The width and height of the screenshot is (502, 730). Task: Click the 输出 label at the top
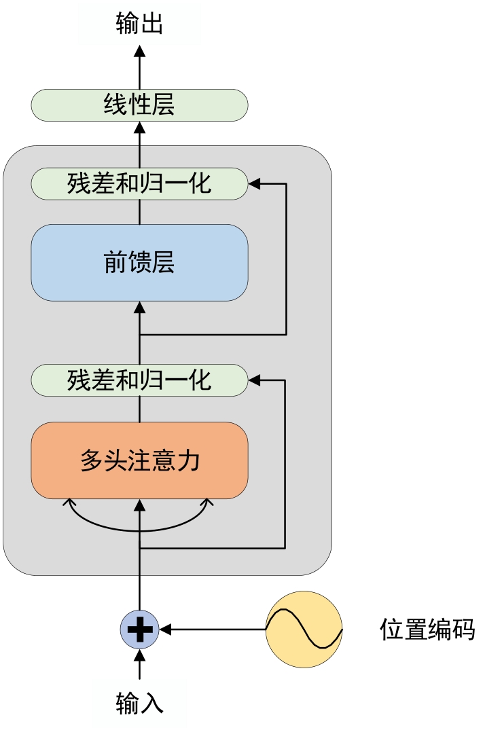click(x=139, y=26)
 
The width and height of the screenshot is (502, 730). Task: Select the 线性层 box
click(x=139, y=105)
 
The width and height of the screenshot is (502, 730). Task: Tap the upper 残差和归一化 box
click(x=139, y=183)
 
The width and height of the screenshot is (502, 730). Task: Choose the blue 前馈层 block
click(x=139, y=263)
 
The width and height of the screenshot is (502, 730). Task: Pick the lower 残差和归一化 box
click(x=139, y=380)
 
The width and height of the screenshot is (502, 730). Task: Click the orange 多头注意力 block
click(x=139, y=461)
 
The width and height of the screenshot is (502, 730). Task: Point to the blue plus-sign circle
click(x=140, y=629)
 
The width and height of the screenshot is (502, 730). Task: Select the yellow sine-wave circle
click(x=304, y=629)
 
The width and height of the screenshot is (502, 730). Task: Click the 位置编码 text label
click(x=427, y=630)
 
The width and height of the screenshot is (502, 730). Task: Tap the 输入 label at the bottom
click(x=139, y=703)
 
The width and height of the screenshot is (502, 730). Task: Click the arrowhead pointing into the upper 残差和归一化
click(x=254, y=183)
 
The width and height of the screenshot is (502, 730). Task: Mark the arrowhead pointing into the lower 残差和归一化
click(x=254, y=380)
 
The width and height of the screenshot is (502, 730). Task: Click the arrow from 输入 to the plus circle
click(x=139, y=664)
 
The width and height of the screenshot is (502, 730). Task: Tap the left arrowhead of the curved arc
click(x=68, y=503)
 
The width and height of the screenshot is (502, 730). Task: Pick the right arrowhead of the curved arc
click(x=209, y=503)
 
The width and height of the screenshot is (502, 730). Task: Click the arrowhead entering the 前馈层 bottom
click(x=139, y=307)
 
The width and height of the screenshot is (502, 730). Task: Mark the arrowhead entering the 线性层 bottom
click(x=139, y=127)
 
